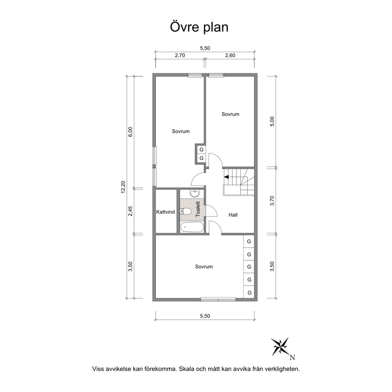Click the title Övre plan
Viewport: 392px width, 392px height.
pos(199,28)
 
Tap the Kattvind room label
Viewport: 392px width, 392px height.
pos(166,212)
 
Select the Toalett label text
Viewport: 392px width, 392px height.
pos(198,209)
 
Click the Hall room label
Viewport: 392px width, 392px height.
pos(233,215)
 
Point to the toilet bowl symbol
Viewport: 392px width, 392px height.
pos(186,211)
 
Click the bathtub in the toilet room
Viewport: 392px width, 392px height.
pos(192,227)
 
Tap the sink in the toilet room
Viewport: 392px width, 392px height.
pos(195,193)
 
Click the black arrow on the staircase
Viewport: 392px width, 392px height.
pos(226,177)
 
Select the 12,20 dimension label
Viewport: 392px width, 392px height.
pos(123,187)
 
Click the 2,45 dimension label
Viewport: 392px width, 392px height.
pos(130,211)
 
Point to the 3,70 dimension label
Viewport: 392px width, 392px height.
pos(272,201)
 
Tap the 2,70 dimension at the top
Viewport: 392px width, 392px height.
pos(180,55)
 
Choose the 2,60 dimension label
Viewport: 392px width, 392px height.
pos(230,55)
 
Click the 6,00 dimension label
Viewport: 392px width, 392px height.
pos(130,132)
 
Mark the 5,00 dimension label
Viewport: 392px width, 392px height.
pos(272,121)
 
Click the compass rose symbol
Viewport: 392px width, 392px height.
pos(280,347)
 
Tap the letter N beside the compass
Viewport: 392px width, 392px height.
pos(292,358)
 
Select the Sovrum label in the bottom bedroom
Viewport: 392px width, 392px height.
pos(204,267)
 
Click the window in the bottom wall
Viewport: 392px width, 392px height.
pos(218,299)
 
